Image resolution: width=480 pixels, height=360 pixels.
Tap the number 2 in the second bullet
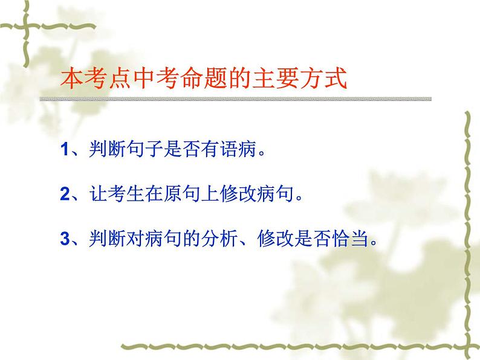tap(66, 194)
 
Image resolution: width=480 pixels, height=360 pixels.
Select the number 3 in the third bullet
tap(66, 239)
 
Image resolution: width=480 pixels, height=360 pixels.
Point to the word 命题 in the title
tap(184, 79)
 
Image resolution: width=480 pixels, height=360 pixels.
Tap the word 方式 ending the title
tap(327, 79)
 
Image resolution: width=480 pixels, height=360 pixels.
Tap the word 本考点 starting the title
tap(91, 79)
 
